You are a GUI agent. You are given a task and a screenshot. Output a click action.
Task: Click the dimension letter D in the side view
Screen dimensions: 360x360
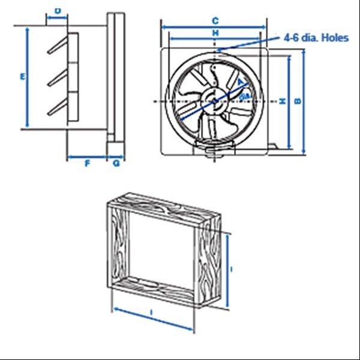coord(57,10)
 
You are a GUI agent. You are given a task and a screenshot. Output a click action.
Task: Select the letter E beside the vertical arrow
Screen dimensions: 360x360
coord(22,77)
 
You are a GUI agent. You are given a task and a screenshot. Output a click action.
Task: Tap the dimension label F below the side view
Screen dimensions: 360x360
coord(87,163)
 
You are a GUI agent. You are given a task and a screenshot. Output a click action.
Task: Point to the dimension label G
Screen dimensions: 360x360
coord(116,163)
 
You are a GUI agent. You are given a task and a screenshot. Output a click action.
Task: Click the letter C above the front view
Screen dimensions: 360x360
coord(215,20)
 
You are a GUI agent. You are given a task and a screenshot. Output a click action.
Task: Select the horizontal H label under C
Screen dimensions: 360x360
coord(215,32)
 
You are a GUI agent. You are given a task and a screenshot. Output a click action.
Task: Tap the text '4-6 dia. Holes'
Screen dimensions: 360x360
coord(316,37)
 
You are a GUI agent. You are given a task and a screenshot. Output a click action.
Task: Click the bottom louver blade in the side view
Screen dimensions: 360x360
coord(58,108)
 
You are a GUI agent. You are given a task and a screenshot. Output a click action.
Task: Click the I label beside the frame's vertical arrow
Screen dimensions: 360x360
coord(232,271)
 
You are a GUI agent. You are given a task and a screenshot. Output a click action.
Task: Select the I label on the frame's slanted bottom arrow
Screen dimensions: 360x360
coord(152,313)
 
